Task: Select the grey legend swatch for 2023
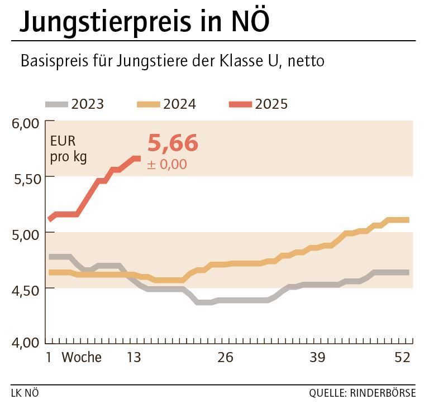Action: [56, 104]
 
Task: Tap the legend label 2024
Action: [179, 104]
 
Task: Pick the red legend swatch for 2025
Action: [241, 104]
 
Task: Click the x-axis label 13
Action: [134, 358]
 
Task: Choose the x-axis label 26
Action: [225, 358]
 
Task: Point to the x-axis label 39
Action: [317, 358]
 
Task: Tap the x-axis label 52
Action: [402, 358]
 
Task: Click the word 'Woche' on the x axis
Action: [82, 358]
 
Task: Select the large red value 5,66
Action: [173, 143]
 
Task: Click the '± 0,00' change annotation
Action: [167, 165]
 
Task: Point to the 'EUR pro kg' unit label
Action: [68, 149]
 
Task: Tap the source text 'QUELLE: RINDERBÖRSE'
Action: [362, 393]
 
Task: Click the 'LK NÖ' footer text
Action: [25, 393]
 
